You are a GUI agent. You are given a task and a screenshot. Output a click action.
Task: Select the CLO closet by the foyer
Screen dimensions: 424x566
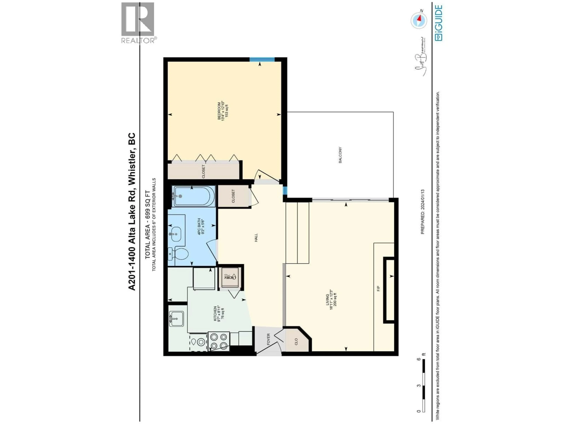pos(296,341)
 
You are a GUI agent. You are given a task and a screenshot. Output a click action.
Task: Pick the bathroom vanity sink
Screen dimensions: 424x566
pos(176,234)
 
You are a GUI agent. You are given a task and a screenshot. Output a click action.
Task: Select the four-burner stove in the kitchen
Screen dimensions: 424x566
pos(219,341)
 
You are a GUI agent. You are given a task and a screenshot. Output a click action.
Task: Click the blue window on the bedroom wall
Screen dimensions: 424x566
pos(262,59)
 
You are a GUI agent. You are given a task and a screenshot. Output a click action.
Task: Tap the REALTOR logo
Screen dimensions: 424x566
pos(138,23)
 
